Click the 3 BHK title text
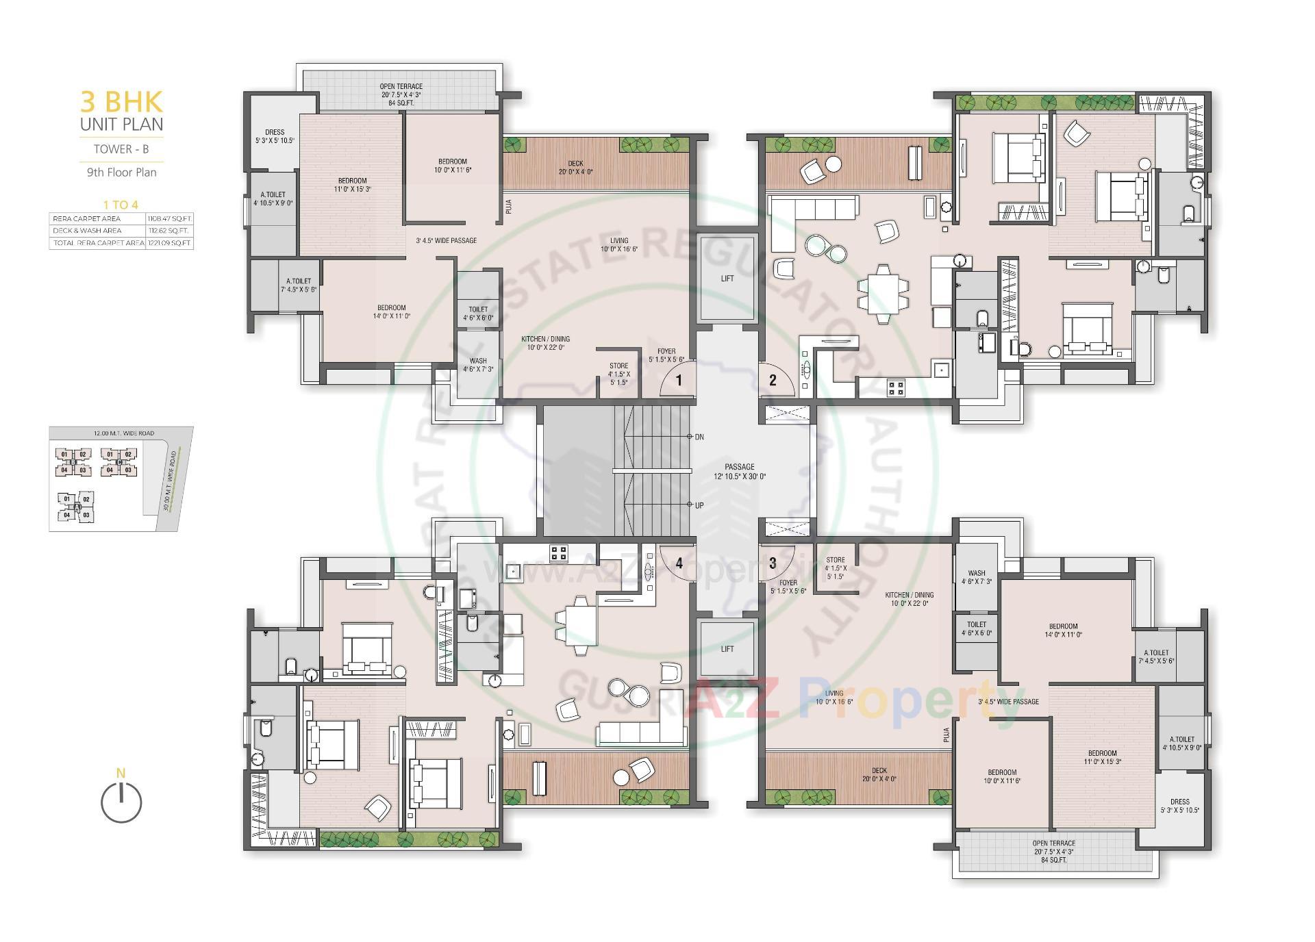pyautogui.click(x=121, y=102)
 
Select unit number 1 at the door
pyautogui.click(x=679, y=380)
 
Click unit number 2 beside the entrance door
pyautogui.click(x=773, y=380)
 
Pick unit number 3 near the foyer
pyautogui.click(x=773, y=563)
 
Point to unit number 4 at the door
pyautogui.click(x=679, y=563)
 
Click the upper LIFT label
pyautogui.click(x=727, y=278)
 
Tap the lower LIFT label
pyautogui.click(x=727, y=648)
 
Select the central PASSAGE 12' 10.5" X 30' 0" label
pyautogui.click(x=740, y=471)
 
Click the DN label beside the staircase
pyautogui.click(x=699, y=437)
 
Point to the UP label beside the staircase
pyautogui.click(x=699, y=505)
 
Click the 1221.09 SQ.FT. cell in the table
pyautogui.click(x=169, y=243)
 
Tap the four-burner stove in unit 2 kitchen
pyautogui.click(x=896, y=388)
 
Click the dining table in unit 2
pyautogui.click(x=884, y=293)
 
